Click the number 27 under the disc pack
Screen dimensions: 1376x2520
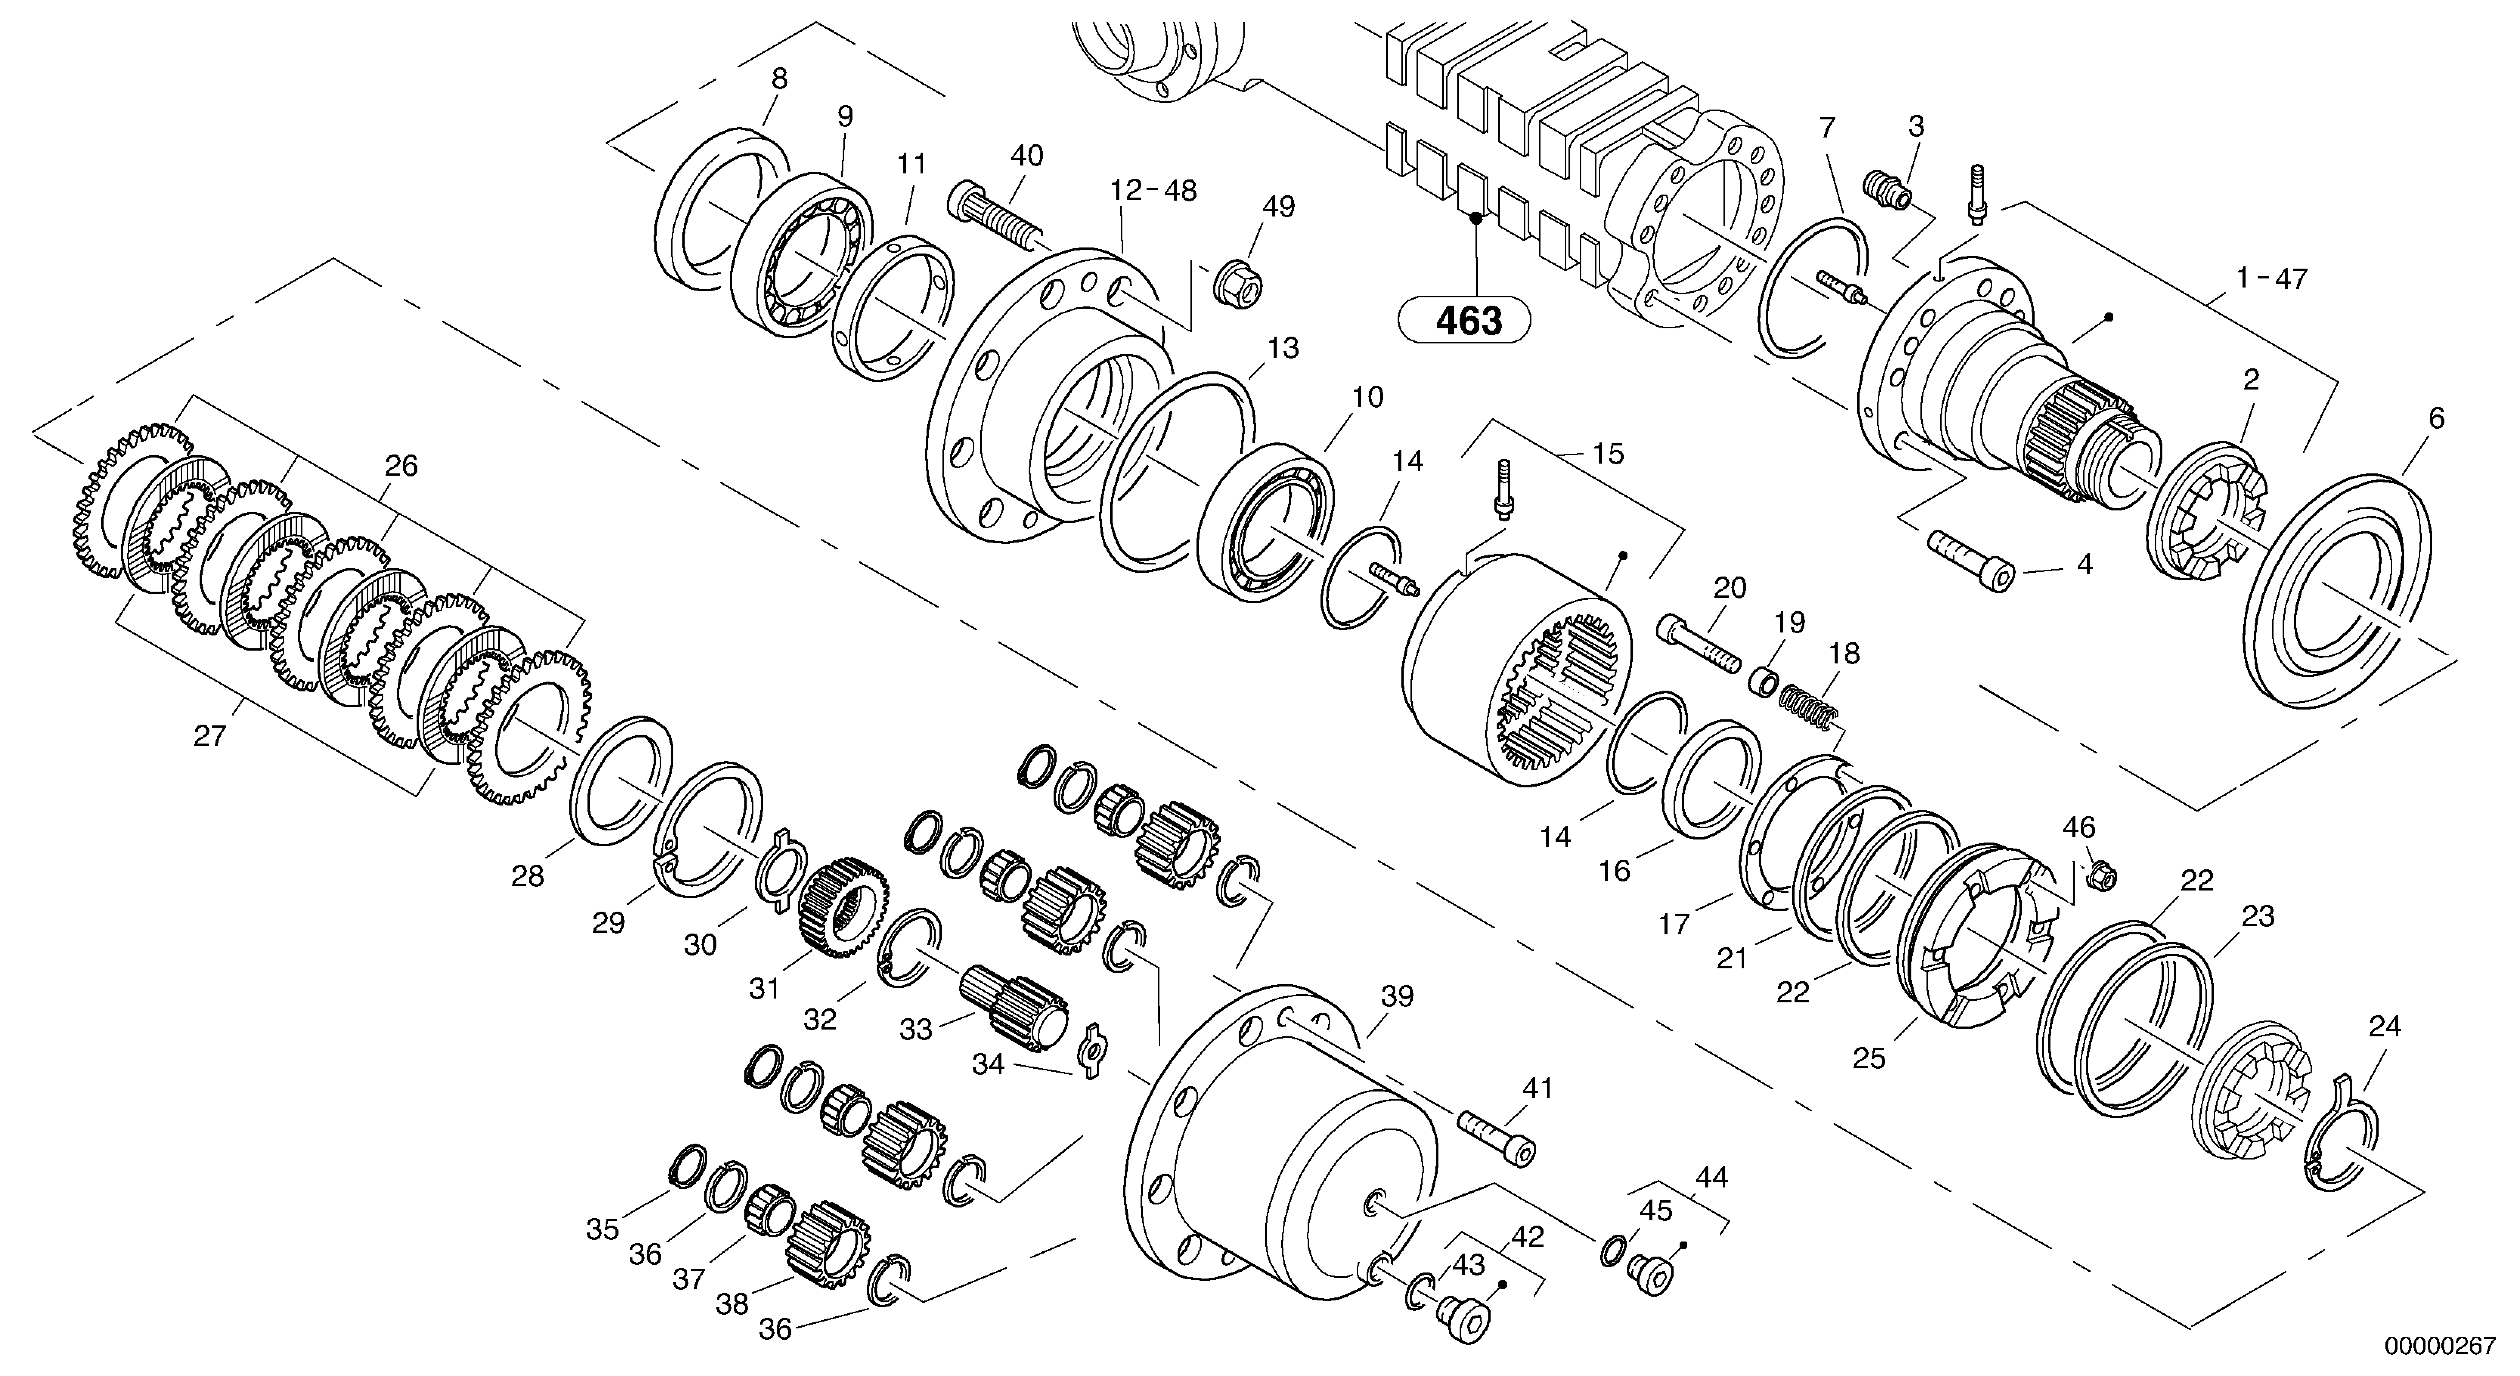pos(209,736)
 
